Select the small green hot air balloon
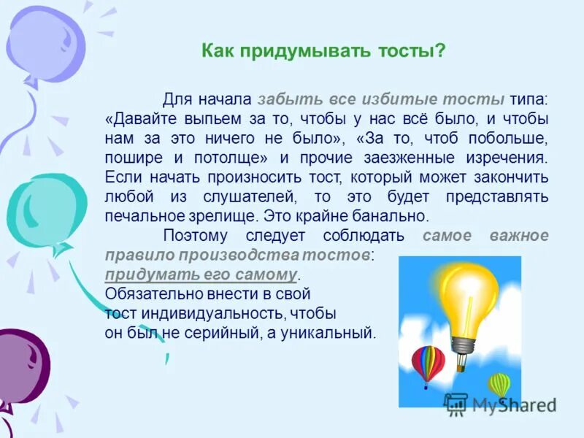coord(499,384)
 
